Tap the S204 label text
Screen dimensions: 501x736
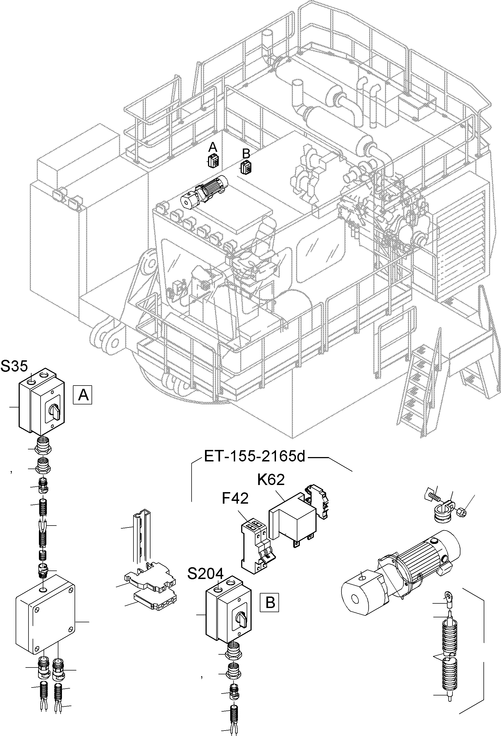[x=206, y=574]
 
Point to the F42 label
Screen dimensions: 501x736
[x=235, y=499]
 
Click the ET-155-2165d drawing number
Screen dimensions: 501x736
[x=254, y=457]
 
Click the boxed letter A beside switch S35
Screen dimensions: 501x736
[x=83, y=395]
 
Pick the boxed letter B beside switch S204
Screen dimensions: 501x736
[x=270, y=602]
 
